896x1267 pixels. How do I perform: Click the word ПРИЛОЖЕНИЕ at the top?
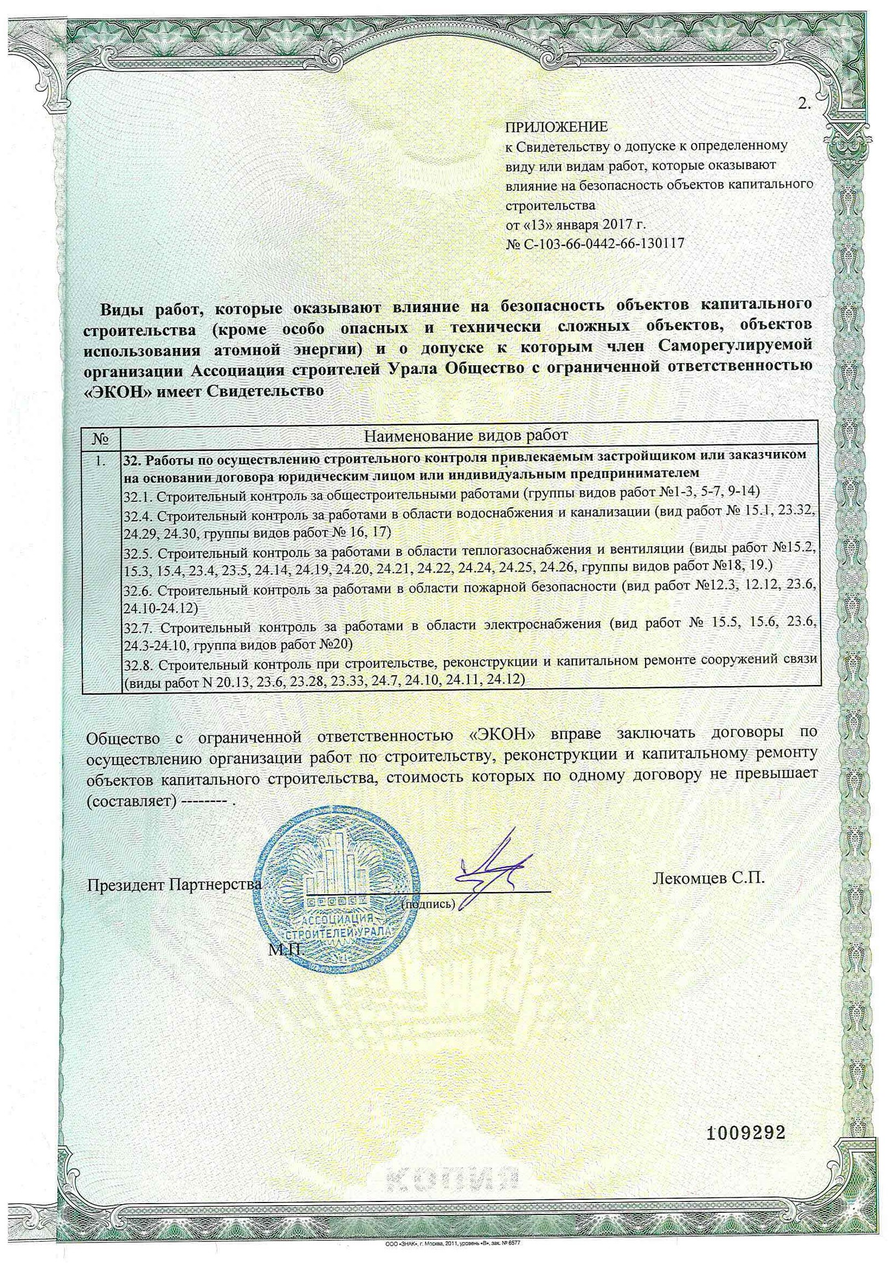tap(557, 127)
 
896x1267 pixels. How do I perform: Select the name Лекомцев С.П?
tap(709, 878)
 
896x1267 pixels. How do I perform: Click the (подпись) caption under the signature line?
tap(428, 904)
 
